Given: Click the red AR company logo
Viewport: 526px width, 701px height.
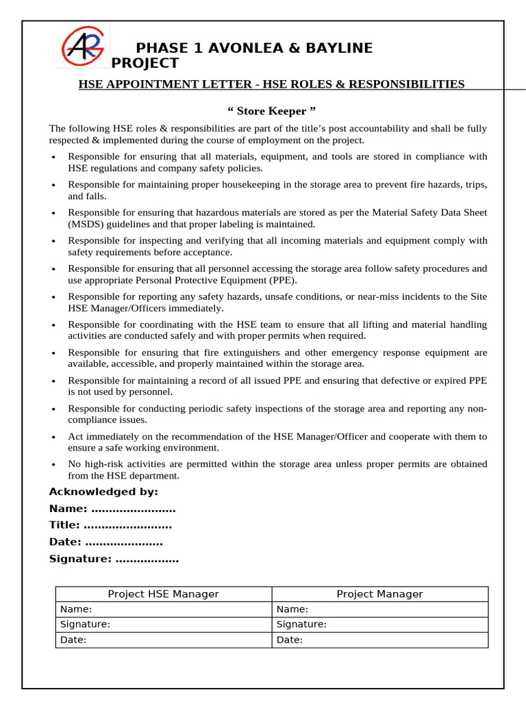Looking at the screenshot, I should point(82,46).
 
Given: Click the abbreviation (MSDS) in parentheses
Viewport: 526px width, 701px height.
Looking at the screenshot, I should point(86,224).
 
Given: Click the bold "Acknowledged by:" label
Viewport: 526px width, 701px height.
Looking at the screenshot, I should point(103,492).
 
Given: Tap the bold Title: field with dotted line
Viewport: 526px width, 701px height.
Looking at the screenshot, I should point(110,525).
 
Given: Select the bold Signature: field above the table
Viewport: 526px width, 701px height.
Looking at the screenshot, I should point(114,559).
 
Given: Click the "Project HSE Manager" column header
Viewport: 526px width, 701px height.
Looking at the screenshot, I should point(163,594).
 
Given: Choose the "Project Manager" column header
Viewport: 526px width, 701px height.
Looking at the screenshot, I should point(379,594).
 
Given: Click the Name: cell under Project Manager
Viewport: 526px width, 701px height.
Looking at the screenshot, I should point(292,609).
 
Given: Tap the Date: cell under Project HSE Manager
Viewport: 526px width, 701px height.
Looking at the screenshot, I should point(73,640).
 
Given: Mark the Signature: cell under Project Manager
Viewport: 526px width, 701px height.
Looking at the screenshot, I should point(301,624).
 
